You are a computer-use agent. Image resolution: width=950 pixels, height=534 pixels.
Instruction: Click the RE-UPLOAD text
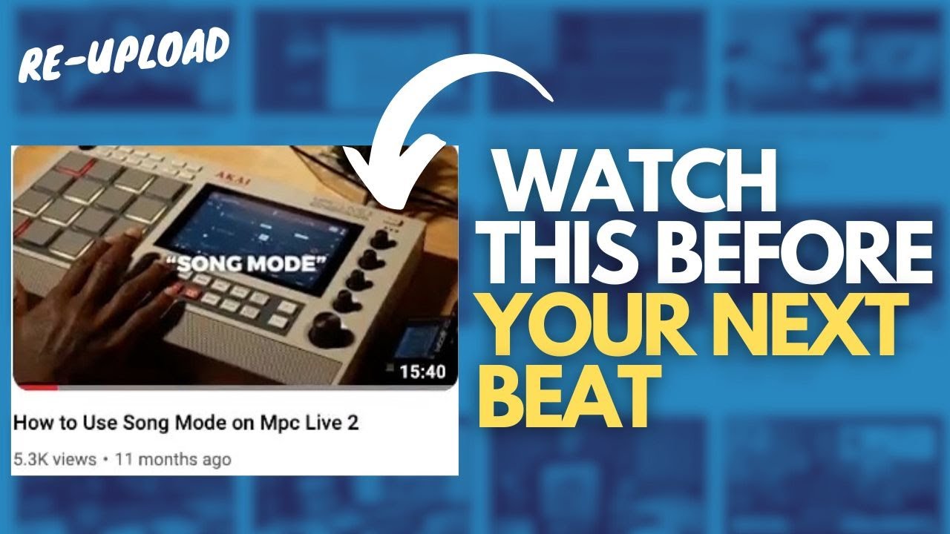pyautogui.click(x=123, y=56)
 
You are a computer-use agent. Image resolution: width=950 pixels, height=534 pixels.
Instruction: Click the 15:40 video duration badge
pyautogui.click(x=422, y=372)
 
